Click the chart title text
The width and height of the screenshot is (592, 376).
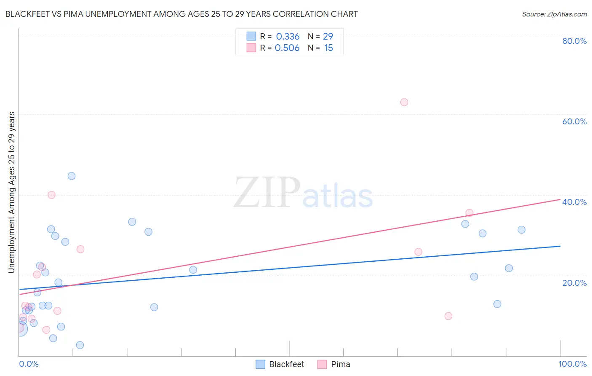[x=181, y=14]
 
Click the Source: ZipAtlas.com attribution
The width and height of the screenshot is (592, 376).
[x=554, y=14]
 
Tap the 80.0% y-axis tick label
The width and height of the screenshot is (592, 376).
[x=574, y=41]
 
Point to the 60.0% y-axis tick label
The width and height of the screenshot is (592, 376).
[x=574, y=121]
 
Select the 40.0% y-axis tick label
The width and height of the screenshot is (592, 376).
[x=574, y=202]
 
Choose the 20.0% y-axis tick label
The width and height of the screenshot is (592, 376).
[x=574, y=283]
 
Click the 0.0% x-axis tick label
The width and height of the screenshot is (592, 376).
[x=29, y=364]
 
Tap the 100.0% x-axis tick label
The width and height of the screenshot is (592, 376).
[x=572, y=364]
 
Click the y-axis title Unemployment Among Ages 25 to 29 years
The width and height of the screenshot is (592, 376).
[x=12, y=192]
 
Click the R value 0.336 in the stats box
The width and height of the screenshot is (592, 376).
[x=288, y=37]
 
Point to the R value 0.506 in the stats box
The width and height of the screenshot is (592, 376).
[x=287, y=48]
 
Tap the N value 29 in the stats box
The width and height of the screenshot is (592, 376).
[x=328, y=37]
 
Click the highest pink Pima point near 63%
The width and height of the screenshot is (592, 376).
[x=404, y=102]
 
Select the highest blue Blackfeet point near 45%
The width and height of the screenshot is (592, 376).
[x=72, y=176]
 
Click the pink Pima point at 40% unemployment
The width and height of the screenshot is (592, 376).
[x=51, y=195]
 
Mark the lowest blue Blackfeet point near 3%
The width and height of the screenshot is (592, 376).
[x=80, y=345]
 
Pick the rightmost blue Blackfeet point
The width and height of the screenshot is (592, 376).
[x=522, y=230]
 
